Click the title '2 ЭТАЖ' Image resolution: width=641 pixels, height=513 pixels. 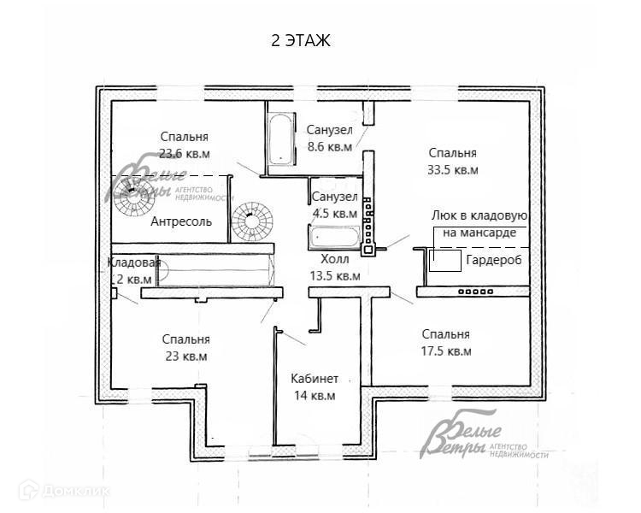coord(299,40)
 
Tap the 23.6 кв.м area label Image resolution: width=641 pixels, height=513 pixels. coord(184,155)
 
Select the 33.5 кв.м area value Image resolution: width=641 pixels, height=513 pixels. coord(452,170)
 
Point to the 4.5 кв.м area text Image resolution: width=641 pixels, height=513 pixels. coord(334,214)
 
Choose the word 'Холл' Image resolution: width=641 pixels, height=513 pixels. coord(334,258)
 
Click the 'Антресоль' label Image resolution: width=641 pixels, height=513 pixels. coord(180,222)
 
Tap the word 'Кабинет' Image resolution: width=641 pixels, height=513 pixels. coord(315,379)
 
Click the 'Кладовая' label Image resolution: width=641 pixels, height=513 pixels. coord(134,262)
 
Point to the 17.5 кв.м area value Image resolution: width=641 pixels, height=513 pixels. coord(445,351)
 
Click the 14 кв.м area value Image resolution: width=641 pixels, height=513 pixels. coord(315,396)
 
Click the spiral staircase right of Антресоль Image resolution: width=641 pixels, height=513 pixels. coord(250,221)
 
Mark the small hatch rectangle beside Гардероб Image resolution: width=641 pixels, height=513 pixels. coord(444,261)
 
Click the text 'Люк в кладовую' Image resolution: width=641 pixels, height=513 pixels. coord(479,217)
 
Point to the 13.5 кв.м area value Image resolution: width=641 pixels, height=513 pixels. coord(334,276)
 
